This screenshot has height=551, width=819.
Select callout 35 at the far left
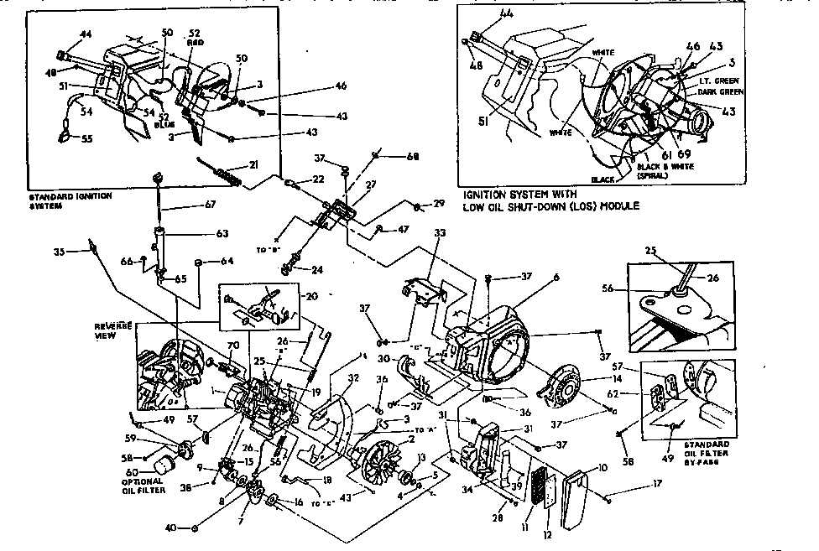(59, 250)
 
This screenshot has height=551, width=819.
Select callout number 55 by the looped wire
(86, 139)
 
